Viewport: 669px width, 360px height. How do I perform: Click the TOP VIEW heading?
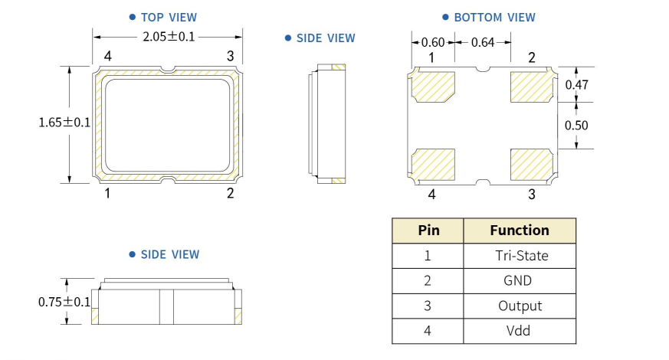tap(168, 17)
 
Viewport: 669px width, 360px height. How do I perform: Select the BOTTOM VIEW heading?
tap(494, 17)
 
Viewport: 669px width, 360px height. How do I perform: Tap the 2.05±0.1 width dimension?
tap(169, 36)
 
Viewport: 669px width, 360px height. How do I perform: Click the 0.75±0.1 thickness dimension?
tap(64, 302)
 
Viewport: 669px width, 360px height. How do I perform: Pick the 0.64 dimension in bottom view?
tap(483, 42)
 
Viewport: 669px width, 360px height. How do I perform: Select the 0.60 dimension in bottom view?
tap(432, 42)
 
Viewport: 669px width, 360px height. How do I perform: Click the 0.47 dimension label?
tap(576, 85)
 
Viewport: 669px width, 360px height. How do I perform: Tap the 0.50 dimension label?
tap(576, 125)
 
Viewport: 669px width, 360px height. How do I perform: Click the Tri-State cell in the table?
tap(521, 256)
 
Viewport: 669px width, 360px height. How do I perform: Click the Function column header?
tap(520, 231)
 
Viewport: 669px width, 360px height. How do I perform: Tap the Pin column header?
tap(428, 231)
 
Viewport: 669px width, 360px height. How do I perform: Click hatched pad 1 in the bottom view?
tap(435, 87)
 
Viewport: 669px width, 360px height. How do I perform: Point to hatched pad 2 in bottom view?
tap(531, 87)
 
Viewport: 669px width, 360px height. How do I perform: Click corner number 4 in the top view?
tap(108, 57)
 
